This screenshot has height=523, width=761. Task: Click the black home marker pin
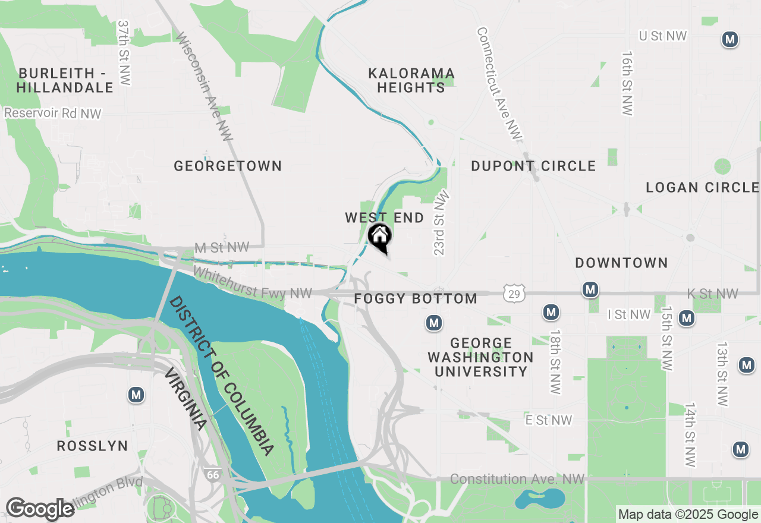click(x=380, y=237)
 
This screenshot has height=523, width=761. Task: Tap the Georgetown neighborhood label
click(x=228, y=166)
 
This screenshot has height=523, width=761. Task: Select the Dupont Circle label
click(x=533, y=166)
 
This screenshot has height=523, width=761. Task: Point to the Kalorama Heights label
click(x=411, y=80)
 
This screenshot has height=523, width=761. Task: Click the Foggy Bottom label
click(x=416, y=298)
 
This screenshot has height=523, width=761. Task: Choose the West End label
click(x=385, y=218)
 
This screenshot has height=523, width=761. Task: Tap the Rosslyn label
click(x=92, y=446)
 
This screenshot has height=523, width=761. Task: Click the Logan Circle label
click(x=703, y=188)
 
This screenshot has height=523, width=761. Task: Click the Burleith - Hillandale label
click(x=65, y=80)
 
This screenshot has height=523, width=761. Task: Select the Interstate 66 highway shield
click(x=212, y=474)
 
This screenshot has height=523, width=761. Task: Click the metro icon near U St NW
click(x=730, y=40)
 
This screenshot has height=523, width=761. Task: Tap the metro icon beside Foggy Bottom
click(x=434, y=323)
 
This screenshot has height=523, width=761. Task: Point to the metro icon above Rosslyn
click(x=137, y=394)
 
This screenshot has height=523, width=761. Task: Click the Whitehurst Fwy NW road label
click(x=252, y=283)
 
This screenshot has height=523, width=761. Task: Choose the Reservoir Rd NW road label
click(x=53, y=113)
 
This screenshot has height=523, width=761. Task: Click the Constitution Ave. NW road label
click(x=517, y=479)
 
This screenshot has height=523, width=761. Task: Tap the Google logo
click(x=40, y=509)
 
